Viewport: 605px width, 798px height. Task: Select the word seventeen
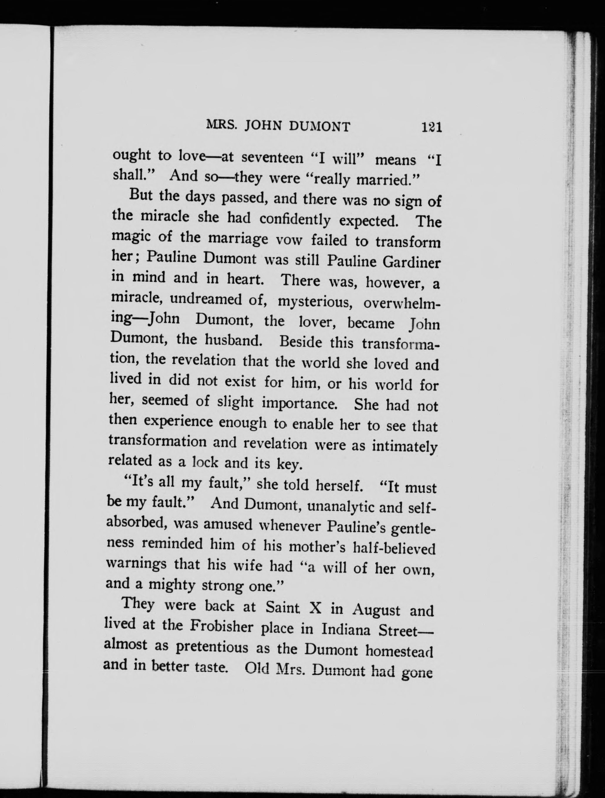272,158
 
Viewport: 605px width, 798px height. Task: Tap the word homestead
399,650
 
